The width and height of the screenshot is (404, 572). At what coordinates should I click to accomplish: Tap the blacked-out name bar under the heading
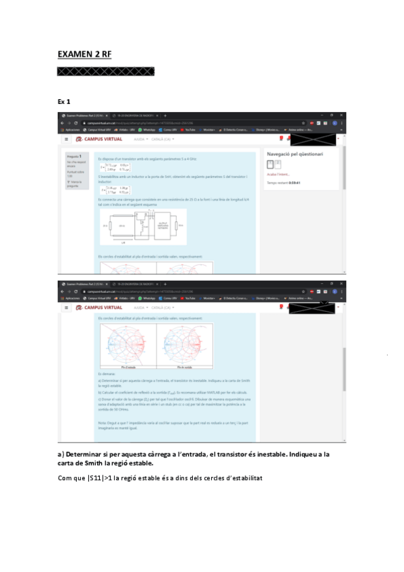point(106,71)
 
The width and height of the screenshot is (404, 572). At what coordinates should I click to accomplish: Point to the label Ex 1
point(64,102)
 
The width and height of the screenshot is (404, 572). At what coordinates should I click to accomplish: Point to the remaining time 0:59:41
point(294,183)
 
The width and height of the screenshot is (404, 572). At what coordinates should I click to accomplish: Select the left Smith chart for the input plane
point(128,343)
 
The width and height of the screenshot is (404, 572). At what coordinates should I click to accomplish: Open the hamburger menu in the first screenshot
point(66,138)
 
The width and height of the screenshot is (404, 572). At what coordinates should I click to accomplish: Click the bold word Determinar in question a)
point(86,454)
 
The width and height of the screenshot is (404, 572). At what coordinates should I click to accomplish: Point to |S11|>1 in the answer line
point(102,478)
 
